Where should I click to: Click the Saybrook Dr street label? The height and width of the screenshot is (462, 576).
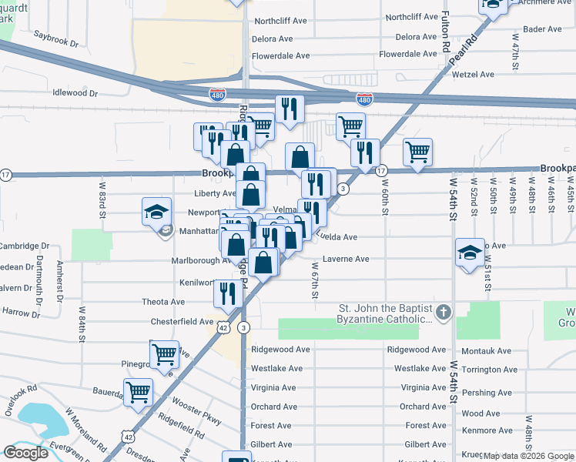click(57, 38)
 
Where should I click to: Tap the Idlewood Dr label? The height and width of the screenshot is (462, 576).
click(75, 92)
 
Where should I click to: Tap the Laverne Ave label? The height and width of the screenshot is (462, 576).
click(346, 259)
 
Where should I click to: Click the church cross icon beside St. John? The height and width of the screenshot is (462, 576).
click(443, 313)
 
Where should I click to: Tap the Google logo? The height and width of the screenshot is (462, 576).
click(25, 453)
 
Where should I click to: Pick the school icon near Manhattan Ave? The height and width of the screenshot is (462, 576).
click(156, 212)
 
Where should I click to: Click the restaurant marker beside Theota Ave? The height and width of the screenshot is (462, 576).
click(228, 293)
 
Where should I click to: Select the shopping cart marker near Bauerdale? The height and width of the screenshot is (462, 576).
click(139, 391)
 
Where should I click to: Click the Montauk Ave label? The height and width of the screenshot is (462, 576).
click(486, 350)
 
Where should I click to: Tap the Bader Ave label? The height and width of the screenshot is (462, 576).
click(542, 29)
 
